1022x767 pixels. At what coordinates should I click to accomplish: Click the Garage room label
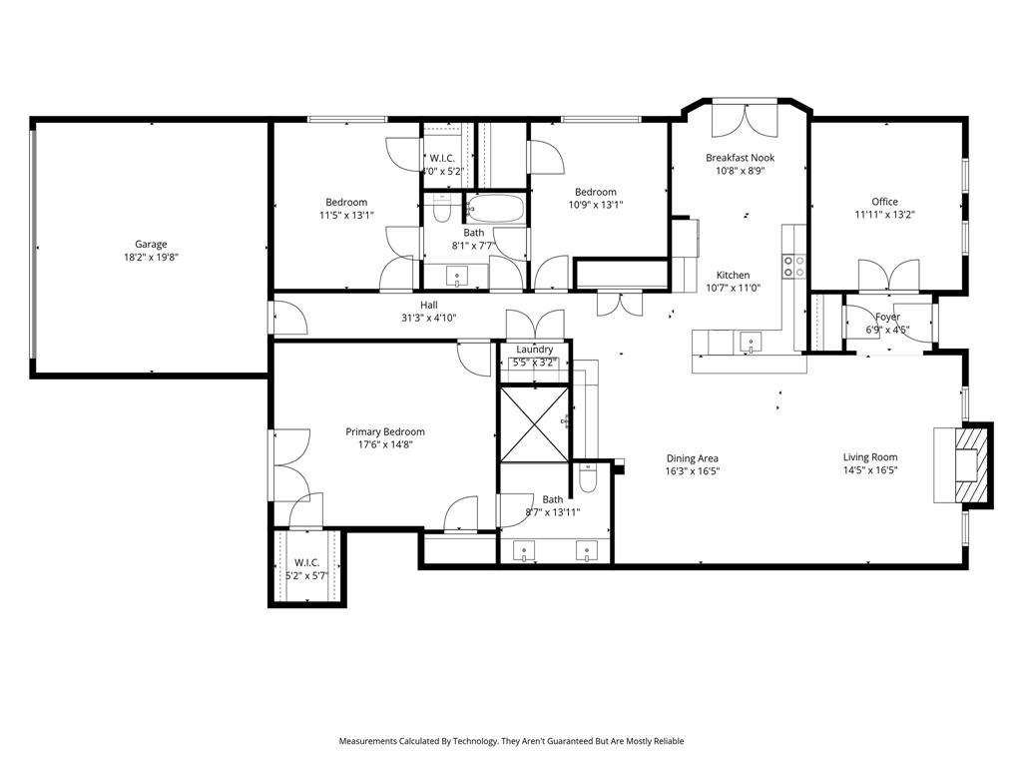(x=152, y=244)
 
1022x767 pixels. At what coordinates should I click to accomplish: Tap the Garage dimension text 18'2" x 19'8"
(x=152, y=257)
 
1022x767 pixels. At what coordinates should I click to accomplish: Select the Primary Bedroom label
(x=385, y=431)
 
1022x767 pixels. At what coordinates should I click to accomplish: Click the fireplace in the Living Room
(x=964, y=464)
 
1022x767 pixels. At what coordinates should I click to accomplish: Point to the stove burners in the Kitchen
(x=793, y=266)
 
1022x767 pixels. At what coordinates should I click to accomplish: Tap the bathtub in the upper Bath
(x=495, y=210)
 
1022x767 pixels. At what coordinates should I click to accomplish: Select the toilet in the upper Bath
(x=441, y=210)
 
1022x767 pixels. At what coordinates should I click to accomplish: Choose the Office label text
(x=884, y=202)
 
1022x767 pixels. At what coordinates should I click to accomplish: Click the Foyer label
(x=886, y=317)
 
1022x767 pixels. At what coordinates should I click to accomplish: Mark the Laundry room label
(x=535, y=350)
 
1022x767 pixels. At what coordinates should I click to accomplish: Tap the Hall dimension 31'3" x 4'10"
(x=429, y=319)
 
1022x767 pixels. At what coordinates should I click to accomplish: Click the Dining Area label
(x=693, y=458)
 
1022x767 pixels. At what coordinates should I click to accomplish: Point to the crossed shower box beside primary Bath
(x=533, y=423)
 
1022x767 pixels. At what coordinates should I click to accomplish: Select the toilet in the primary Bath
(x=588, y=478)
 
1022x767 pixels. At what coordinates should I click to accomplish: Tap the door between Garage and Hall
(x=286, y=318)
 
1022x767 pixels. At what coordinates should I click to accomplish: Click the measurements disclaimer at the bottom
(x=511, y=741)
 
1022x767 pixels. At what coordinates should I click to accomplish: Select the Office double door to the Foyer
(x=888, y=275)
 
